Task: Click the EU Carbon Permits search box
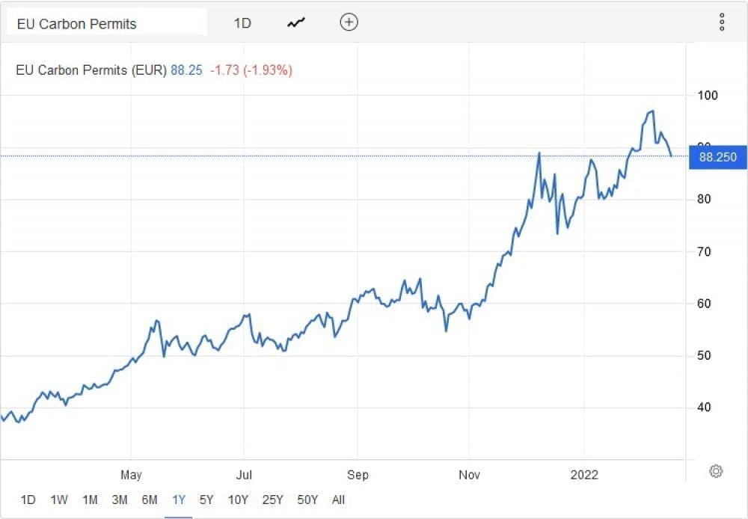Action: tap(105, 23)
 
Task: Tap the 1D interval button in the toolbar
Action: tap(242, 23)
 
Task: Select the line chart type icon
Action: tap(296, 23)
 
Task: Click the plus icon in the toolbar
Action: tap(349, 22)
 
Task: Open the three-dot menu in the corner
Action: tap(722, 22)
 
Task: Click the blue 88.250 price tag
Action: tap(717, 157)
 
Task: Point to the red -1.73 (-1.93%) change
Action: tap(251, 70)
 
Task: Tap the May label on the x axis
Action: tap(131, 475)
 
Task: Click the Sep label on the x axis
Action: tap(358, 475)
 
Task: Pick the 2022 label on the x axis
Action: tap(584, 475)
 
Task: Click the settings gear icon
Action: tap(716, 471)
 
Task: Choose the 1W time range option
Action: tap(59, 500)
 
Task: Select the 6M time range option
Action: tap(149, 500)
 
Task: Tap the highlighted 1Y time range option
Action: tap(179, 500)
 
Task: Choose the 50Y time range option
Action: tap(307, 500)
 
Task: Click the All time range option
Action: tap(338, 500)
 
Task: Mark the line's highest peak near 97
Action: tap(653, 111)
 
